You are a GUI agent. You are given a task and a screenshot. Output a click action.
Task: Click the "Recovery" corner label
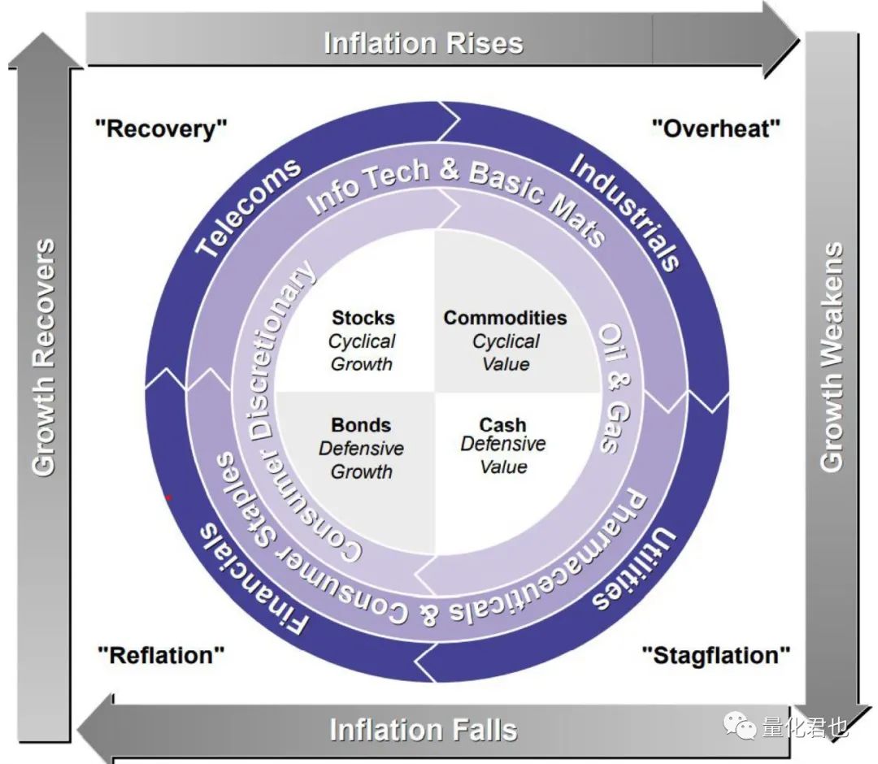(161, 128)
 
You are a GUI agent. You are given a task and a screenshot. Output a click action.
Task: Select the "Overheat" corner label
(716, 128)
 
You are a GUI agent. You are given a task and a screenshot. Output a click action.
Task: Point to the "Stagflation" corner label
(715, 654)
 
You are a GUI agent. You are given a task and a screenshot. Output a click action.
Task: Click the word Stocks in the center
(363, 318)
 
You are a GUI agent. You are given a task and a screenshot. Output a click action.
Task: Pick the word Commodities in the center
(505, 318)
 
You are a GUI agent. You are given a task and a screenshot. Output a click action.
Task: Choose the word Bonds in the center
(361, 425)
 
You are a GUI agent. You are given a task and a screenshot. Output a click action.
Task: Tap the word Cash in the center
(502, 425)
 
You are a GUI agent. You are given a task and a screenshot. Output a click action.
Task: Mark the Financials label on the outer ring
(254, 579)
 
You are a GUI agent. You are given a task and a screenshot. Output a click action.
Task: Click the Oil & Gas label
(615, 389)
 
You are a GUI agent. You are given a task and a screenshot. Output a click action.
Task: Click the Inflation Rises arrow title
(423, 42)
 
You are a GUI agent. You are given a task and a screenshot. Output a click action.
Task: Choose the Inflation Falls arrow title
(423, 729)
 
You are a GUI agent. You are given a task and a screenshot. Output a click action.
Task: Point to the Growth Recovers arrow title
(44, 357)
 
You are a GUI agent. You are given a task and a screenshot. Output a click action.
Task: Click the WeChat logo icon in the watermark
(741, 726)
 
